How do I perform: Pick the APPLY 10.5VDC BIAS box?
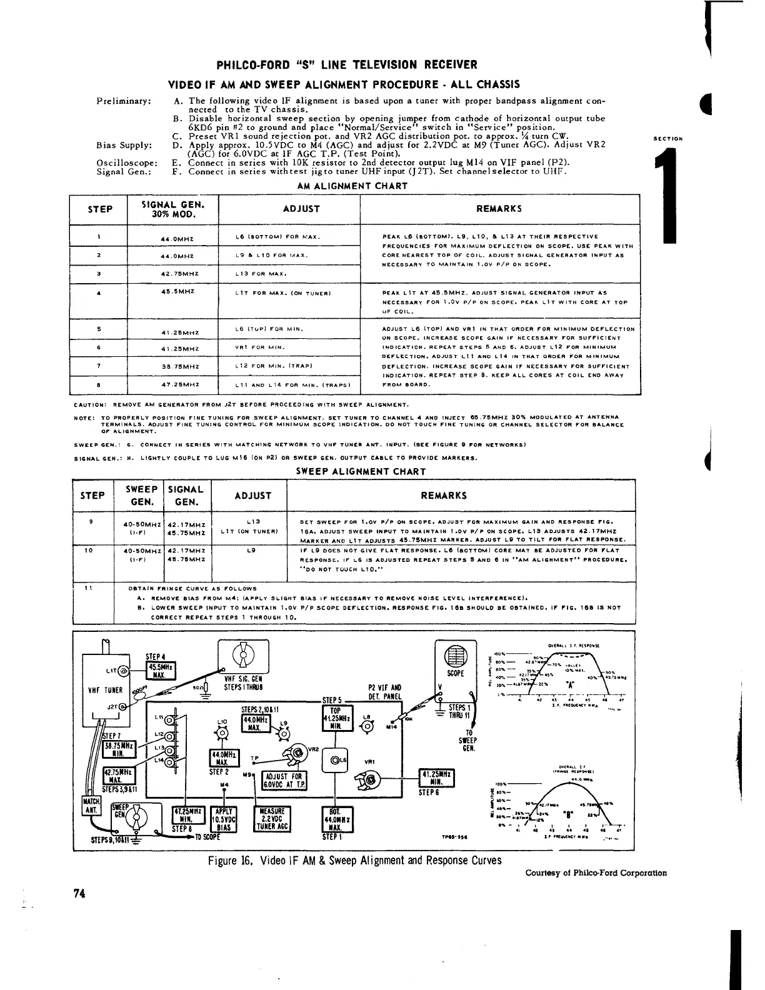click(223, 819)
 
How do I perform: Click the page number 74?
click(79, 893)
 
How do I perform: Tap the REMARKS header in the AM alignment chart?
click(499, 209)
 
